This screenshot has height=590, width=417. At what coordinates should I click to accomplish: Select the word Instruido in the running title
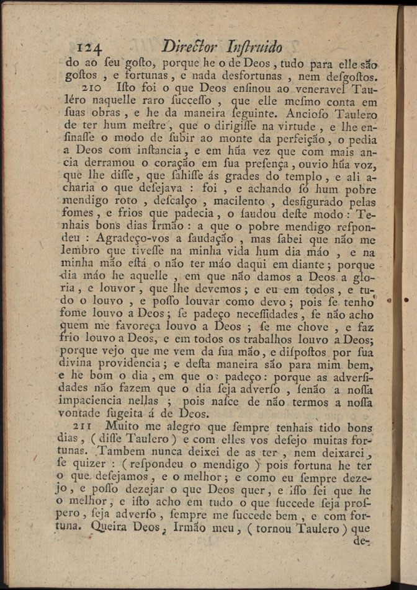pyautogui.click(x=255, y=47)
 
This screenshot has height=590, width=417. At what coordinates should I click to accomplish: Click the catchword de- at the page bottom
pyautogui.click(x=360, y=540)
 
